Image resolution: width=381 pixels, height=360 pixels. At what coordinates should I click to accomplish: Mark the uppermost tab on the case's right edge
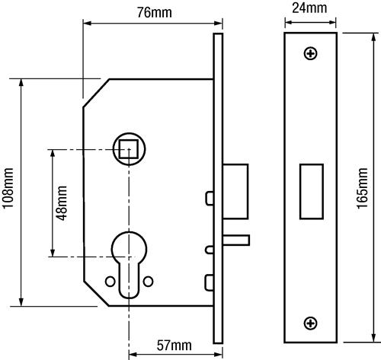coord(207,199)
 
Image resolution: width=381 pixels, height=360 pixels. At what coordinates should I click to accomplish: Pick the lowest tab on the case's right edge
coord(207,284)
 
